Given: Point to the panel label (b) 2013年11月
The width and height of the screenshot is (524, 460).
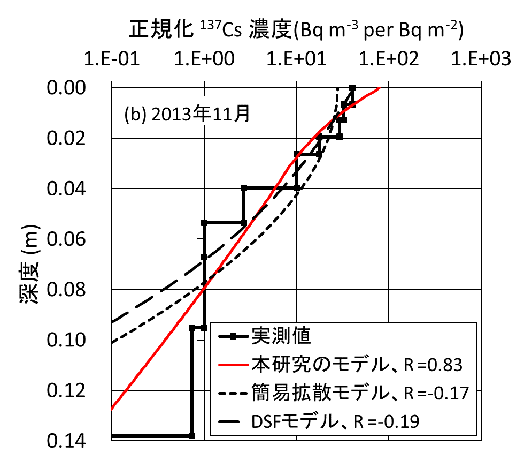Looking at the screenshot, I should click(187, 115).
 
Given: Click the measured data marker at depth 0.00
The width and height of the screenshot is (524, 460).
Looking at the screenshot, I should click(352, 87).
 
